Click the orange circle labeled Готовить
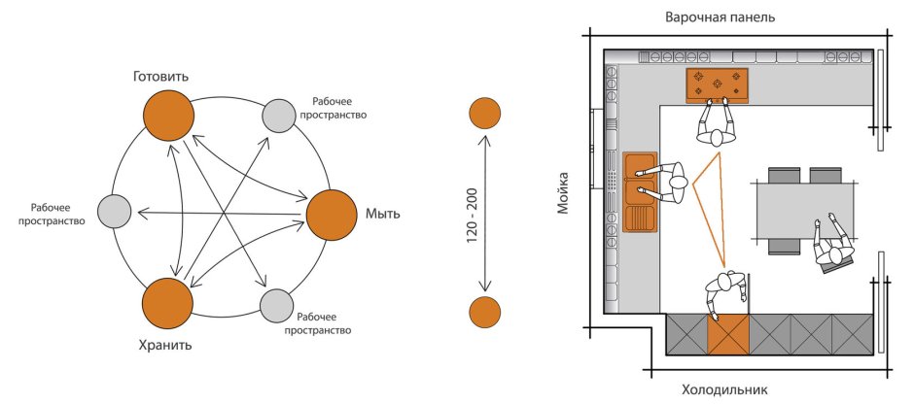(x=169, y=115)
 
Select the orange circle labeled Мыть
(x=332, y=216)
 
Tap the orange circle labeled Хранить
(x=168, y=304)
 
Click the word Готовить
(x=161, y=75)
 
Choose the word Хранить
(x=163, y=345)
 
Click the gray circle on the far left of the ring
(x=115, y=211)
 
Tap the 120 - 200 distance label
(x=472, y=214)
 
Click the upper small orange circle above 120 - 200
(x=484, y=114)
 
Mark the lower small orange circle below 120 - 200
(x=484, y=313)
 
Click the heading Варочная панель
(x=721, y=17)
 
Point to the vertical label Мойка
(x=563, y=194)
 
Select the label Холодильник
(x=724, y=390)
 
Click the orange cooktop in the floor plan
(x=719, y=84)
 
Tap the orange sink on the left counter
(x=638, y=192)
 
